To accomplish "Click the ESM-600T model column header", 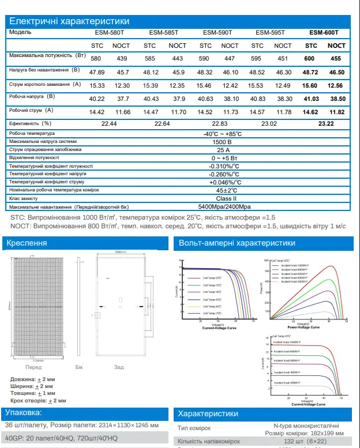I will click(323, 33).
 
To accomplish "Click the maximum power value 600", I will click(310, 59).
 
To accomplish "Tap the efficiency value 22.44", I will click(109, 124).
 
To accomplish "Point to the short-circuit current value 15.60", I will click(310, 85).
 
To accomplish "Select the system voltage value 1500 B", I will click(223, 141).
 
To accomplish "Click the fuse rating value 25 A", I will click(223, 149).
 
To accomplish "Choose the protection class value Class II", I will click(223, 198).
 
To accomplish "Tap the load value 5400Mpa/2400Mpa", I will click(224, 206).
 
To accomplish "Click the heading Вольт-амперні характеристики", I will click(237, 243).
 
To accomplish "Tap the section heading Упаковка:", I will click(24, 413).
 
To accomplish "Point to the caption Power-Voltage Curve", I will click(305, 327).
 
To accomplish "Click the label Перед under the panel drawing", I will click(33, 367).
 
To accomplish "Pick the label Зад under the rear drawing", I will click(119, 367).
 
